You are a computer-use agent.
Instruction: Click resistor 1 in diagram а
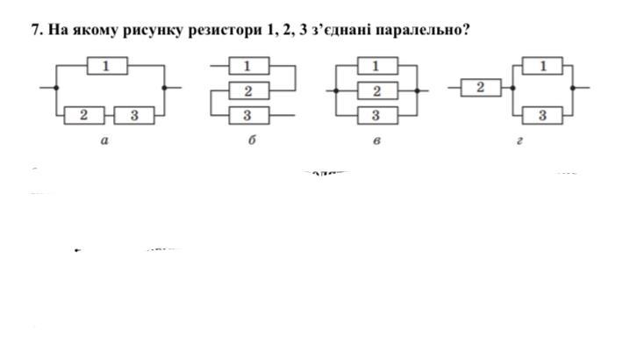[107, 65]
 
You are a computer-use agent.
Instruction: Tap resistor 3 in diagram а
[134, 114]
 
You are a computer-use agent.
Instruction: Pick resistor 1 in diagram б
[247, 65]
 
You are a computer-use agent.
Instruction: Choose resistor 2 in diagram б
[247, 90]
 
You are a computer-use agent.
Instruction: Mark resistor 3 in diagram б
[247, 115]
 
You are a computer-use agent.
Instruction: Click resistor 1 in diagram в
[376, 65]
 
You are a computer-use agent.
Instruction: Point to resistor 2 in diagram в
[376, 90]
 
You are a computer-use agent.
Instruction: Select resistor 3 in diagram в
[376, 115]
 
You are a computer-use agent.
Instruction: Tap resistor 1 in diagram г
[543, 65]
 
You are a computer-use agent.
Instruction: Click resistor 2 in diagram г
[481, 87]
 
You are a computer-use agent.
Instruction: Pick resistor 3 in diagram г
[543, 115]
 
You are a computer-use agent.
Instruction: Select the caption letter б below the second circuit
[251, 140]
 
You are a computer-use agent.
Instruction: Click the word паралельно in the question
[419, 30]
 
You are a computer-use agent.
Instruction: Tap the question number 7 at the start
[36, 30]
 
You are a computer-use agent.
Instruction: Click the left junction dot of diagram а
[56, 88]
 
